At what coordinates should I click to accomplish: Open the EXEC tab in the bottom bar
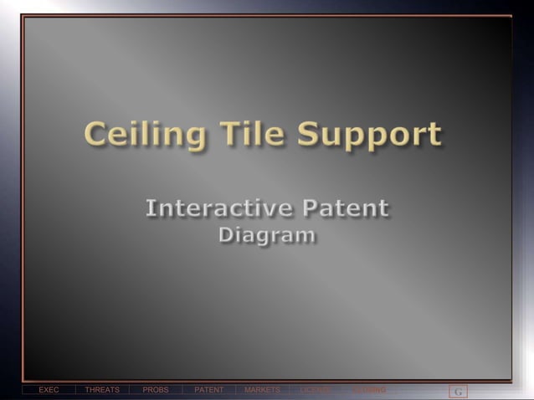click(x=49, y=390)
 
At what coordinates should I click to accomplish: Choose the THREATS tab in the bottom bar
click(x=102, y=390)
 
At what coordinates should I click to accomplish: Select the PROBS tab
click(x=156, y=390)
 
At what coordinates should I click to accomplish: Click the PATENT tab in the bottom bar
click(x=209, y=390)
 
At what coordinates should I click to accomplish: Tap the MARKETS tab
click(x=262, y=390)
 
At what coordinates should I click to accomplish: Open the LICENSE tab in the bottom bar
click(x=316, y=390)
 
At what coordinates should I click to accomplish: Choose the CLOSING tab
click(x=369, y=390)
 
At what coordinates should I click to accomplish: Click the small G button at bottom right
click(x=458, y=392)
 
